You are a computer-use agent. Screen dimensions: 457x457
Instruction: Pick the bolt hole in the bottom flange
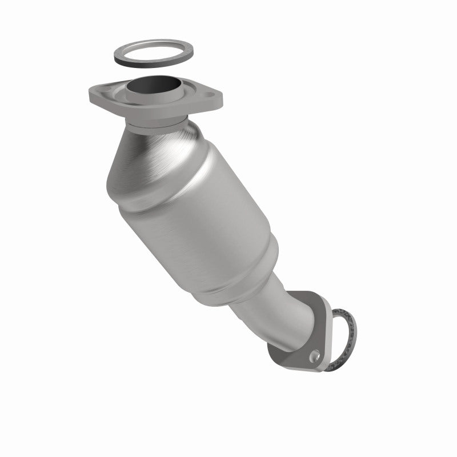click(314, 358)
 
